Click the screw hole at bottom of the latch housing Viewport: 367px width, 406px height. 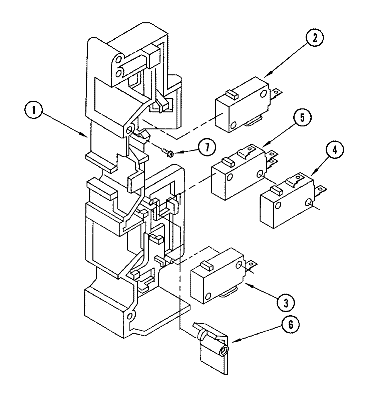pos(130,315)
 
